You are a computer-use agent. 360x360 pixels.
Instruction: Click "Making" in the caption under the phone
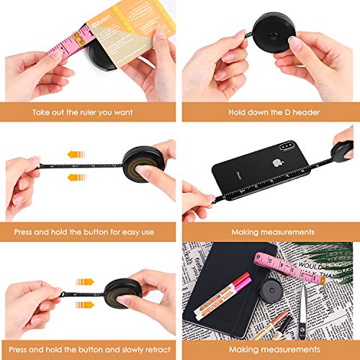[247, 233]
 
